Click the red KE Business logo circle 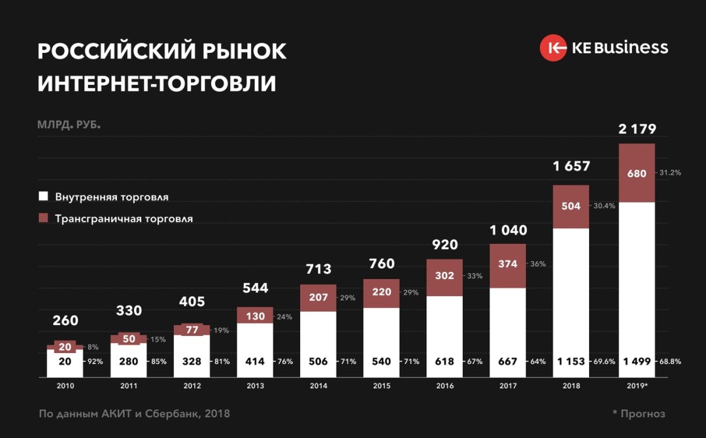[553, 48]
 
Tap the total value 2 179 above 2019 [637, 129]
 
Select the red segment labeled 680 [637, 173]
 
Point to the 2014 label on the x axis [318, 386]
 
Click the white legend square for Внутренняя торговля [44, 197]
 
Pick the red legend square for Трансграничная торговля [44, 218]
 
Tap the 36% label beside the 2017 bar [538, 264]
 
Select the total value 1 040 [508, 230]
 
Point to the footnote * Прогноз [639, 414]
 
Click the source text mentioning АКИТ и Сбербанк [134, 414]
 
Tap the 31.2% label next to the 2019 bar [670, 173]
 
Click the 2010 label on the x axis [65, 386]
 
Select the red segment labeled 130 [255, 315]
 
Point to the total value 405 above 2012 [192, 302]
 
